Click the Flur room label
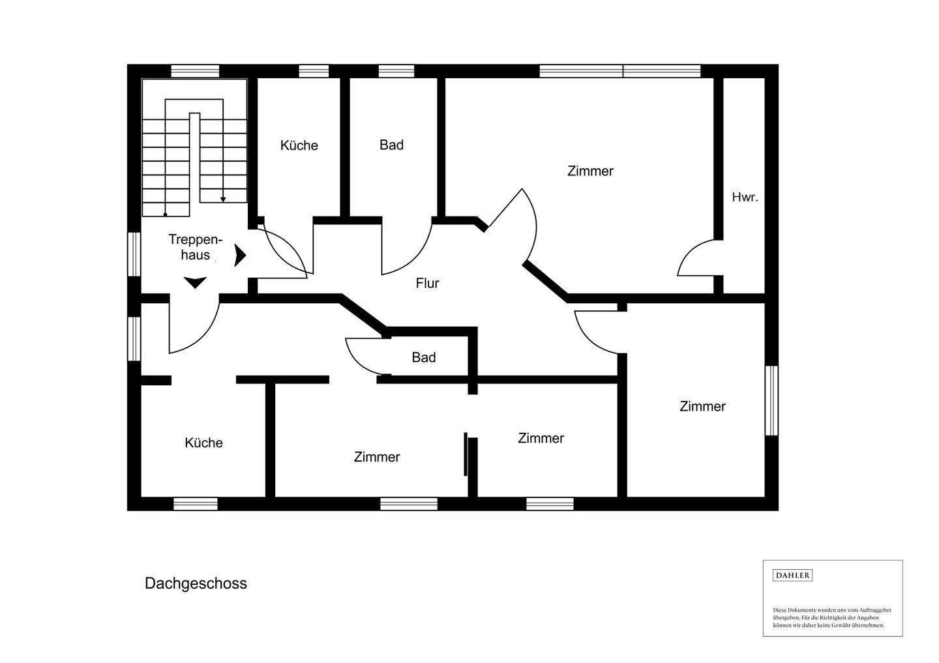tap(427, 283)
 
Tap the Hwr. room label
tap(745, 197)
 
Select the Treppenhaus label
tap(195, 246)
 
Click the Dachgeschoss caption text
tap(196, 583)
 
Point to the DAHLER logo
tap(792, 575)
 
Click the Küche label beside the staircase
tap(299, 145)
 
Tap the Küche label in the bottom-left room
tap(203, 443)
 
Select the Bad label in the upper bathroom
tap(391, 145)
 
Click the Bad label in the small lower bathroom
tap(423, 357)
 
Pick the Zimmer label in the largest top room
tap(590, 171)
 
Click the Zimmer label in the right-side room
tap(702, 406)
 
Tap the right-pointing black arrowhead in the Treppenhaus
tap(240, 256)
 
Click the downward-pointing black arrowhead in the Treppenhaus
tap(195, 282)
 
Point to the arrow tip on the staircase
tap(223, 199)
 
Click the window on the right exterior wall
tap(771, 400)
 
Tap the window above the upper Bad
tap(396, 71)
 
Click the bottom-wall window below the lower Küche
tap(196, 503)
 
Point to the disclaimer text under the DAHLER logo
tap(832, 617)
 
